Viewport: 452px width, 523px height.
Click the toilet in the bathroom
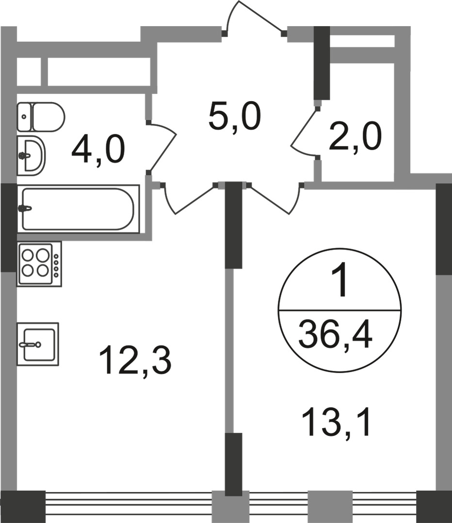pyautogui.click(x=41, y=117)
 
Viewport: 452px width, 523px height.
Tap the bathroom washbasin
pyautogui.click(x=31, y=155)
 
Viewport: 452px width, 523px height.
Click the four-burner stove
pyautogui.click(x=39, y=264)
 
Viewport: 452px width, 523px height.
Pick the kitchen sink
pyautogui.click(x=37, y=344)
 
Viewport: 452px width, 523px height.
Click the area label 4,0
pyautogui.click(x=98, y=150)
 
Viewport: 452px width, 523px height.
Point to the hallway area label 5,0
pyautogui.click(x=235, y=117)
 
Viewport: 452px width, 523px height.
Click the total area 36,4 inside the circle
pyautogui.click(x=335, y=335)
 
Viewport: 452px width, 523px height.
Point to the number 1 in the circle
pyautogui.click(x=339, y=283)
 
